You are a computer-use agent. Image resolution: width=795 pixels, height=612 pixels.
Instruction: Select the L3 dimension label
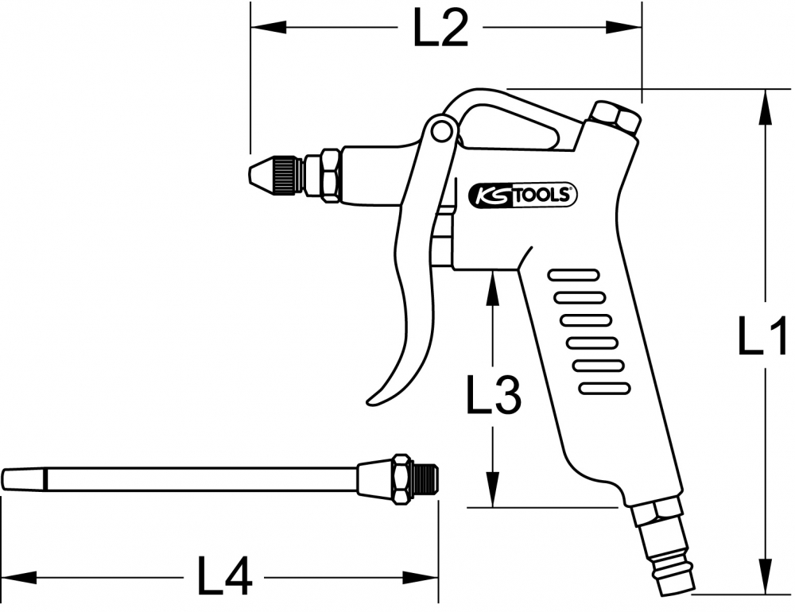pos(494,394)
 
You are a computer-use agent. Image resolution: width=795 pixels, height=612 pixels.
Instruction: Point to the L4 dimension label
pos(225,576)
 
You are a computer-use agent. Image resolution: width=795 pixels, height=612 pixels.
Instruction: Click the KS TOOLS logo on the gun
pos(522,195)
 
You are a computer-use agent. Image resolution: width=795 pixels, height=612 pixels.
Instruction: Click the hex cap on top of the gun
pos(615,117)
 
